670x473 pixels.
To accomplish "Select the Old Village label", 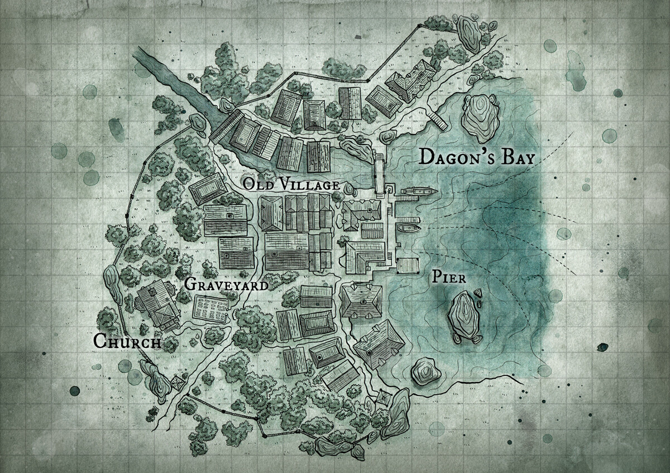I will click(x=291, y=185).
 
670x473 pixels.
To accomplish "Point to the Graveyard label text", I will click(x=225, y=284).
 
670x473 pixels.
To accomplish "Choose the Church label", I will click(x=127, y=341).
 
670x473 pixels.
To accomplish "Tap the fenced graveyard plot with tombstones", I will click(x=210, y=307).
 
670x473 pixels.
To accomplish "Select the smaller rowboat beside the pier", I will click(x=408, y=228).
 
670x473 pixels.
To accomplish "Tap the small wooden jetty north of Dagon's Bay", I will click(x=438, y=119).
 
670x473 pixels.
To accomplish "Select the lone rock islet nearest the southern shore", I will click(x=424, y=372).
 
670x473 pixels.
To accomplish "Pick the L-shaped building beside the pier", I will click(x=362, y=256).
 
